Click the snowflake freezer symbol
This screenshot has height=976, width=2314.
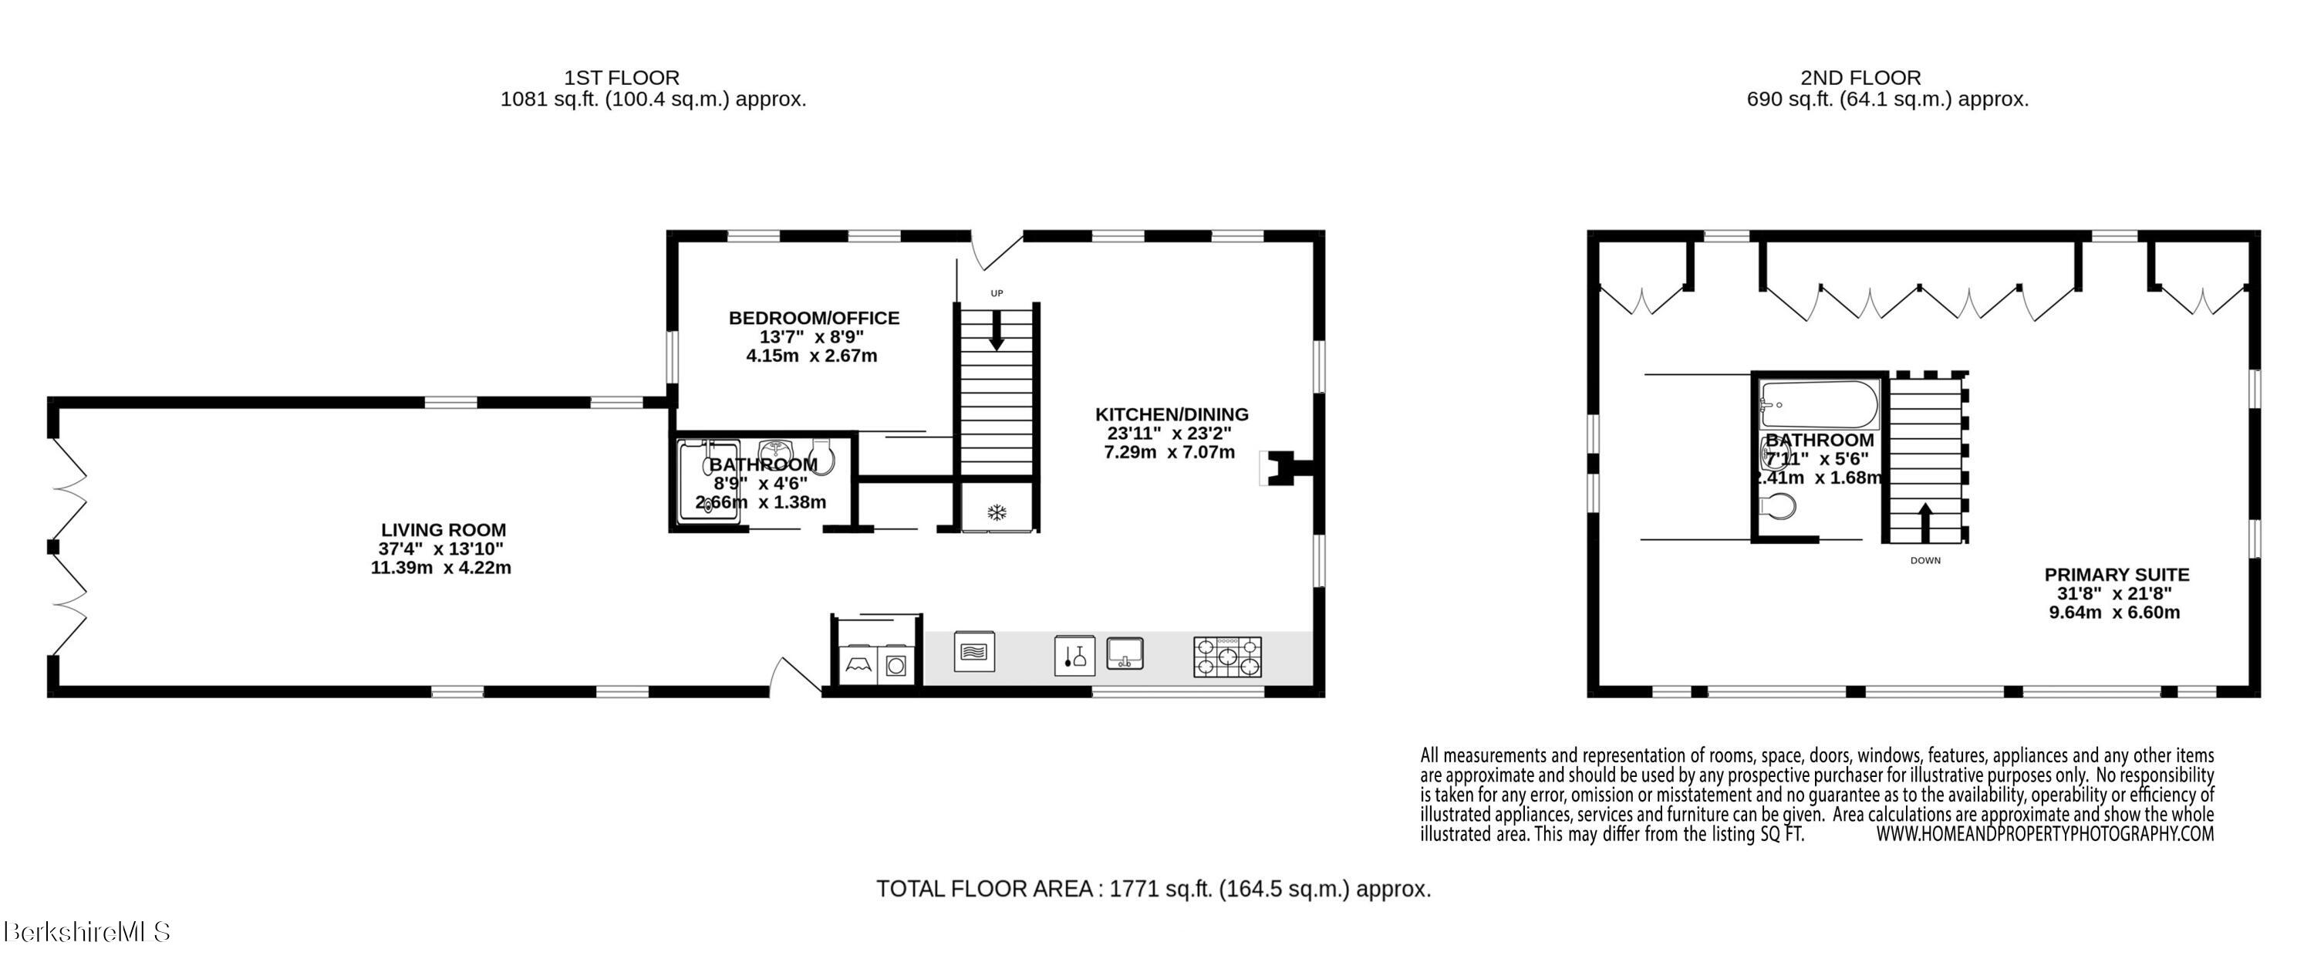click(x=995, y=513)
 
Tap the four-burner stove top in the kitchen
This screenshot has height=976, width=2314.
click(x=1227, y=657)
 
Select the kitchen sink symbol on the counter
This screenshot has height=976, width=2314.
click(x=1125, y=653)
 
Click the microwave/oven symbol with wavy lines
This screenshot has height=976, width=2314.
click(x=973, y=651)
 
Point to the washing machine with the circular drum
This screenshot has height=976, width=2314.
click(x=895, y=666)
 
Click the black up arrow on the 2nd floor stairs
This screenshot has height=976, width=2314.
click(x=1925, y=522)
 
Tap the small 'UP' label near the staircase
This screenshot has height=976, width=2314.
click(x=997, y=293)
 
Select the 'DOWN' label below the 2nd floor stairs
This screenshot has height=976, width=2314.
click(x=1925, y=561)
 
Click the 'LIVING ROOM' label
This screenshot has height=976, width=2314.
click(x=443, y=530)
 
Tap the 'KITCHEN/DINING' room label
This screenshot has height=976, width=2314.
click(x=1172, y=414)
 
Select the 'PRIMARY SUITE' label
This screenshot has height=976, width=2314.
click(x=2117, y=574)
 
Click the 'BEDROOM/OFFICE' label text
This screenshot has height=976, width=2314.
click(x=814, y=318)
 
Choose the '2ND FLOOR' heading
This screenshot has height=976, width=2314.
click(x=1860, y=78)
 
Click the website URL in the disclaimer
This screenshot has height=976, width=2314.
click(x=2045, y=834)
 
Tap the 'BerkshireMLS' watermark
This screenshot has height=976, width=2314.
click(x=87, y=932)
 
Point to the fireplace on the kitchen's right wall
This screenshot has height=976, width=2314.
click(x=1287, y=468)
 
